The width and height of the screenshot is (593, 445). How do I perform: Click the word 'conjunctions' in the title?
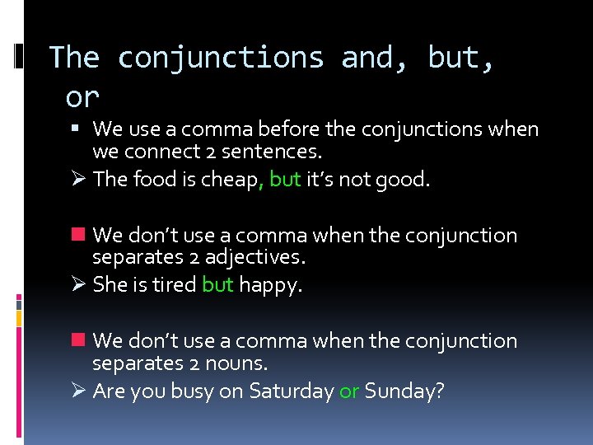pos(221,58)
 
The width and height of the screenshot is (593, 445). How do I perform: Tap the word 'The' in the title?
pos(74,58)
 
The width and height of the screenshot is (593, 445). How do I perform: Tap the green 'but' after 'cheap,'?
pos(285,180)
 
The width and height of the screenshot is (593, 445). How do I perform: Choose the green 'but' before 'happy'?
pos(217,285)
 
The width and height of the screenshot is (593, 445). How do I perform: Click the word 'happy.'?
pos(270,285)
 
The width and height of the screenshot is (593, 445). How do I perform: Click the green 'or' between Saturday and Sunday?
pos(349,391)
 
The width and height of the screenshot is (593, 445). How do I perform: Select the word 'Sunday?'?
pos(404,391)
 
